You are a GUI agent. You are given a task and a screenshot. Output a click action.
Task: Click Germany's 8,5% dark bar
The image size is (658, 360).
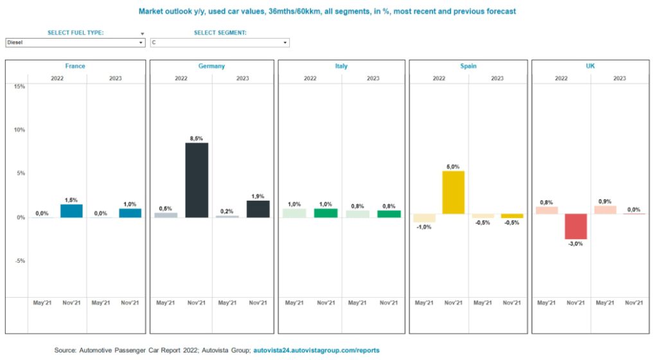(x=197, y=180)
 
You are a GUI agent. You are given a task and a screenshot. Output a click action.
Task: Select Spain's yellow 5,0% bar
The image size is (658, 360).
(x=454, y=192)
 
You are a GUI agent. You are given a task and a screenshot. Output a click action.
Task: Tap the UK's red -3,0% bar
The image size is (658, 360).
(x=576, y=226)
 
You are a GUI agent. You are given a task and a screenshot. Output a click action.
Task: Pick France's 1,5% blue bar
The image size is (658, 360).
(x=71, y=210)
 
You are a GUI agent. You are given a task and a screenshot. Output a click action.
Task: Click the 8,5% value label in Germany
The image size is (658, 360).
(x=196, y=138)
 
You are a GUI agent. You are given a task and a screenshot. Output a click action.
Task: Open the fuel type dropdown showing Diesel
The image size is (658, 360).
(x=75, y=42)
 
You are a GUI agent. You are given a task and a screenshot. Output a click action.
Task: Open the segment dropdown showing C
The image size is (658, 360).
(x=220, y=42)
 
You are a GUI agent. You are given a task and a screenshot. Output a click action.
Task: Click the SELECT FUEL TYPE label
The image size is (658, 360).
(x=76, y=32)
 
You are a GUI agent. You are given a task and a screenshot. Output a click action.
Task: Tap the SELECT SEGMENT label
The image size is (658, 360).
(x=220, y=32)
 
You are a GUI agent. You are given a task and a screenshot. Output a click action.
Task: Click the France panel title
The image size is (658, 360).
(x=75, y=66)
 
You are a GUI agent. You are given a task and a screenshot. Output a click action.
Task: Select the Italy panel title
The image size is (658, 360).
(x=341, y=66)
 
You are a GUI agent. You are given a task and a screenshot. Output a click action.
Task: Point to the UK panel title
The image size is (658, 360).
(x=590, y=66)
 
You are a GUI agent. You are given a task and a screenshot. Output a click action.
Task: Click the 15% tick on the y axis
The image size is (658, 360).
(x=19, y=86)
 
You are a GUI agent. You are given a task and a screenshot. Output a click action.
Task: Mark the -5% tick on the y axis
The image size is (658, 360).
(x=19, y=261)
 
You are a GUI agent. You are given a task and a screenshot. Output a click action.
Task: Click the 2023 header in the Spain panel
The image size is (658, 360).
(x=497, y=78)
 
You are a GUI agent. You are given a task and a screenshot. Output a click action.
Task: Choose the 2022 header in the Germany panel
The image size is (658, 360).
(x=181, y=78)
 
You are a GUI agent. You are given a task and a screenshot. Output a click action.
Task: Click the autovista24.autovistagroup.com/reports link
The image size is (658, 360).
(x=317, y=350)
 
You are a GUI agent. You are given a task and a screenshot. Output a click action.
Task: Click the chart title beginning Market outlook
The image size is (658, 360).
(x=327, y=12)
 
